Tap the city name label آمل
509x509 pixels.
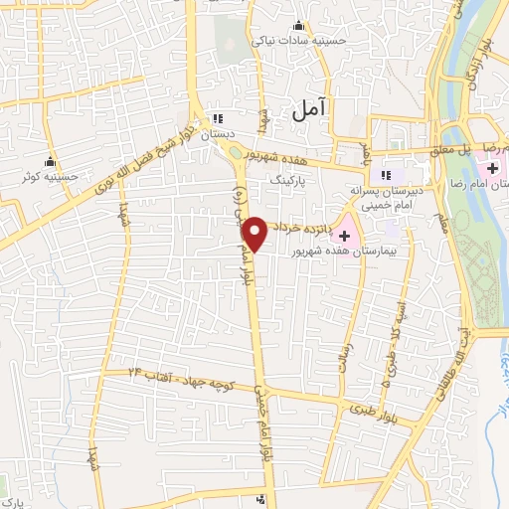click(x=310, y=112)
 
